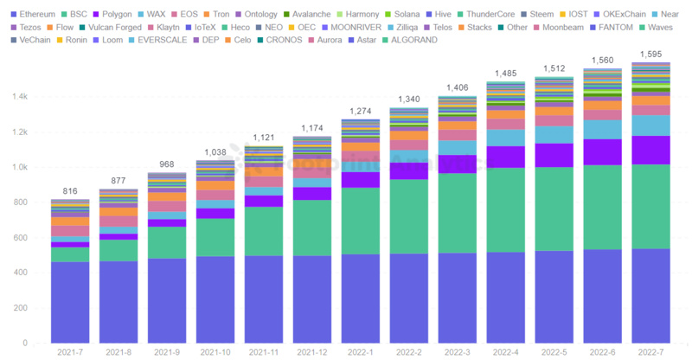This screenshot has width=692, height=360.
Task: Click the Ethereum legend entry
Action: click(x=36, y=15)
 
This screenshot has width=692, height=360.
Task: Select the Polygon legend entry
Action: click(x=117, y=15)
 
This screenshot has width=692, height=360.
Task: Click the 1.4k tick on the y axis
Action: click(x=19, y=98)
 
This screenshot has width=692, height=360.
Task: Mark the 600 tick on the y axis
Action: click(x=21, y=238)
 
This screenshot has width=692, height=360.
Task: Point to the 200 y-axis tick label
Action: click(x=21, y=308)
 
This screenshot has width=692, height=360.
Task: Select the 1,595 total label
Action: click(x=651, y=55)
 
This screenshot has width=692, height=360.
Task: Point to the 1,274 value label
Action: click(x=361, y=112)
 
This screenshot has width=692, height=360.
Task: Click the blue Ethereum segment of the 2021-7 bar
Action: click(x=70, y=302)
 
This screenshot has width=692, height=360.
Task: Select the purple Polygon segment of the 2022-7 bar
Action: click(x=651, y=150)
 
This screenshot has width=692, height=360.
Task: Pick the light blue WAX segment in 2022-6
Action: click(x=603, y=129)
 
